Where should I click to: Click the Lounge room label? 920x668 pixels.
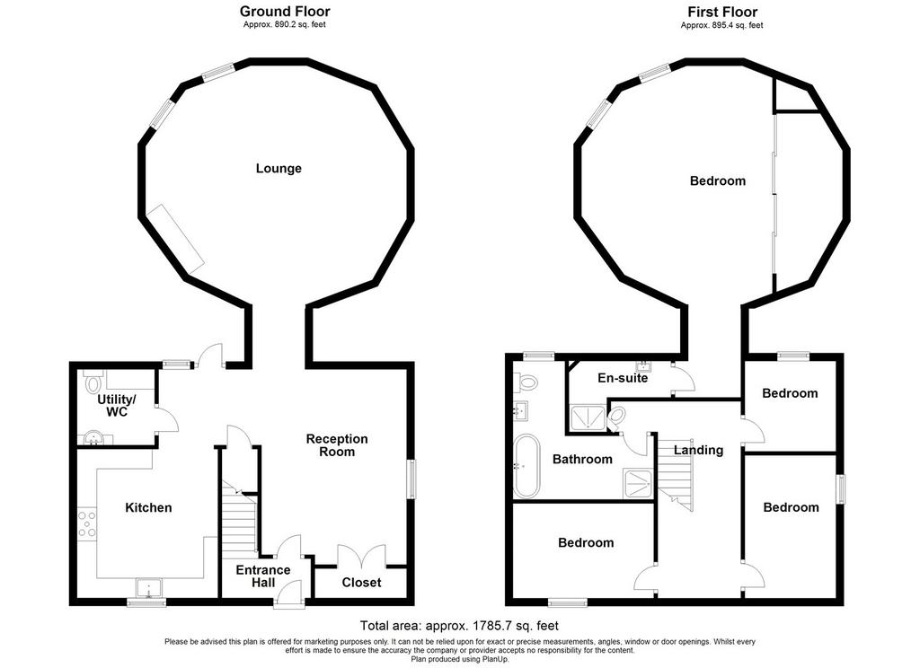[x=279, y=169]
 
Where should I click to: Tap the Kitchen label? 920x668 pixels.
[x=148, y=508]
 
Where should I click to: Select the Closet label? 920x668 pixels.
[x=361, y=583]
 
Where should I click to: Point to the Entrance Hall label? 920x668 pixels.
[x=263, y=576]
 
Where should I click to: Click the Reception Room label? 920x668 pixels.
[x=337, y=445]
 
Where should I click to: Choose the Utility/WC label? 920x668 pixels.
[x=117, y=406]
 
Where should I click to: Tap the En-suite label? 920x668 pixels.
[x=623, y=378]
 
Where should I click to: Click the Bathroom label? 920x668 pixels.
[x=582, y=459]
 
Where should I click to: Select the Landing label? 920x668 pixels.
[x=698, y=451]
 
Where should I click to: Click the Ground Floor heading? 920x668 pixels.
[x=285, y=11]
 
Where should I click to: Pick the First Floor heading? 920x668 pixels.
[x=722, y=12]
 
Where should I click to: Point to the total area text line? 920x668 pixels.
[x=459, y=626]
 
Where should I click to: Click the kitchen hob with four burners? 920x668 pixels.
[x=88, y=523]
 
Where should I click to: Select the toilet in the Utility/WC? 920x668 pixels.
[x=93, y=384]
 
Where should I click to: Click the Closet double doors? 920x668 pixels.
[x=362, y=556]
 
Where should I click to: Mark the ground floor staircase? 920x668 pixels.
[x=239, y=516]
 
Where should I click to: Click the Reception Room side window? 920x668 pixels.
[x=411, y=479]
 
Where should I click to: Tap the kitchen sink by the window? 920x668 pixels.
[x=147, y=588]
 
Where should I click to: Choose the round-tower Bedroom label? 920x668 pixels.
[x=718, y=181]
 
